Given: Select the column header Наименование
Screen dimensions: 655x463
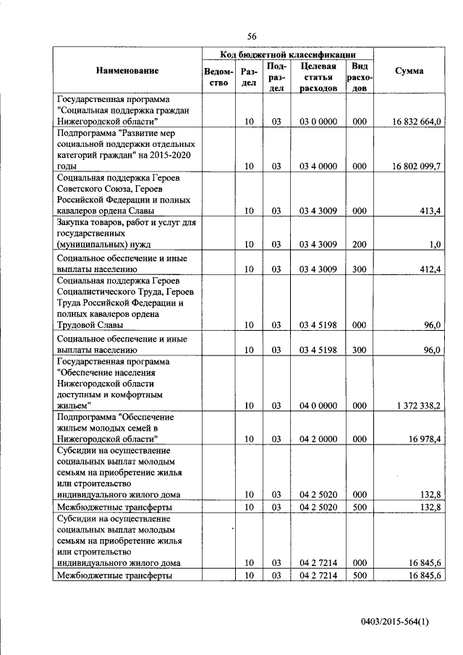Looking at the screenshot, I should pos(126,71).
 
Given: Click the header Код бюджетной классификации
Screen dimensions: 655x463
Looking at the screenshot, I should pos(287,54).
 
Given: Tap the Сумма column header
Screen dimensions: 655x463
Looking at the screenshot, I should pos(409,71).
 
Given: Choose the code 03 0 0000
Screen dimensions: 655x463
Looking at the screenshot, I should pos(318,122).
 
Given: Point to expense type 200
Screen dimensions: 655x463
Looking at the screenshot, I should pos(360,245).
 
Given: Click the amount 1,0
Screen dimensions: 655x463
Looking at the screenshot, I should pos(434,245).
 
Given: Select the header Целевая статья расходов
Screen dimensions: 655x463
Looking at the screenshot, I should pos(318,77).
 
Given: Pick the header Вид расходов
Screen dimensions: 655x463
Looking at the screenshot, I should pos(360,77).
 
